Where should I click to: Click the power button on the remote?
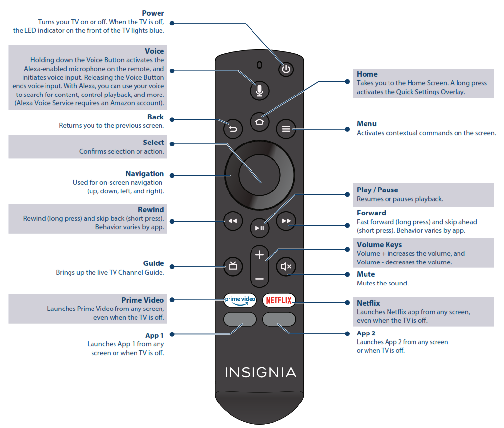coord(286,69)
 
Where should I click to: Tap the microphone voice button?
coord(260,90)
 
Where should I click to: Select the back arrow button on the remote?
coord(233,129)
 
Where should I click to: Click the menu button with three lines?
coord(286,129)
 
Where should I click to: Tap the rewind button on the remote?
coord(232,221)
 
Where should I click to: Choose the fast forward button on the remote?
coord(286,221)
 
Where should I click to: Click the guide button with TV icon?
coord(233,266)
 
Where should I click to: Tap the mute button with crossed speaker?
coord(286,266)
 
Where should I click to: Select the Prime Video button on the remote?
coord(240,300)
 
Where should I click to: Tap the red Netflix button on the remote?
coord(279,300)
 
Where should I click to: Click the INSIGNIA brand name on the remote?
coord(260,372)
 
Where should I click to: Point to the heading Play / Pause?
coord(377,190)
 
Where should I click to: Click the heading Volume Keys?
coord(379,245)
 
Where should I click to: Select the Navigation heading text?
coord(144,174)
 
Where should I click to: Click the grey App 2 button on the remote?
coord(279,320)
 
